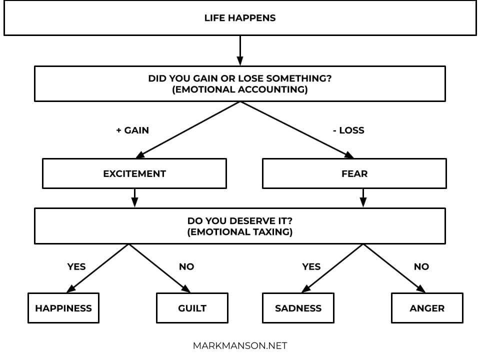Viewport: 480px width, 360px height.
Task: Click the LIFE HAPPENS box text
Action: click(x=240, y=18)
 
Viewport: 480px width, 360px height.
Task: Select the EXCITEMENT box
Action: click(x=134, y=173)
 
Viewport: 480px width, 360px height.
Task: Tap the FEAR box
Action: click(x=354, y=173)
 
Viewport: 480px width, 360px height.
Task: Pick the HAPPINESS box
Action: click(x=63, y=308)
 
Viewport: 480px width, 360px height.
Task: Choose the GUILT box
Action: click(x=192, y=308)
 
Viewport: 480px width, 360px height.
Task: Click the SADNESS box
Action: click(x=298, y=308)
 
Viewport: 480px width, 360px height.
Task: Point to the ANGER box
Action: click(x=427, y=308)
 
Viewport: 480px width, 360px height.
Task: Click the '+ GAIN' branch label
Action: click(x=132, y=130)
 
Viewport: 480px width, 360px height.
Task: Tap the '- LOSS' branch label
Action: click(x=348, y=130)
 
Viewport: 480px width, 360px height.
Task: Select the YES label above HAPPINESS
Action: click(x=76, y=266)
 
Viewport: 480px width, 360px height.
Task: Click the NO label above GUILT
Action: click(x=186, y=266)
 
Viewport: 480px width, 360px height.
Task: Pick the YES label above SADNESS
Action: click(x=311, y=266)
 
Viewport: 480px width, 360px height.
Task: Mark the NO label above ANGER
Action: click(x=421, y=266)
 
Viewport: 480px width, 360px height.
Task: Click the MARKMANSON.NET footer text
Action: click(x=240, y=346)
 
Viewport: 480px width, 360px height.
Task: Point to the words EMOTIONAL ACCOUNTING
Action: click(x=240, y=89)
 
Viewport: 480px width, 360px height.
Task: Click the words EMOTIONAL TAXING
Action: click(x=240, y=231)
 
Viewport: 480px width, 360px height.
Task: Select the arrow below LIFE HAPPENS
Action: click(x=240, y=50)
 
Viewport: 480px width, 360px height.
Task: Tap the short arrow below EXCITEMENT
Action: click(x=134, y=198)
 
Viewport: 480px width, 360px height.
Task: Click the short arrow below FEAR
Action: click(x=363, y=198)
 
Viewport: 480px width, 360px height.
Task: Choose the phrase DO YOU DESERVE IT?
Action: click(x=240, y=220)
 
